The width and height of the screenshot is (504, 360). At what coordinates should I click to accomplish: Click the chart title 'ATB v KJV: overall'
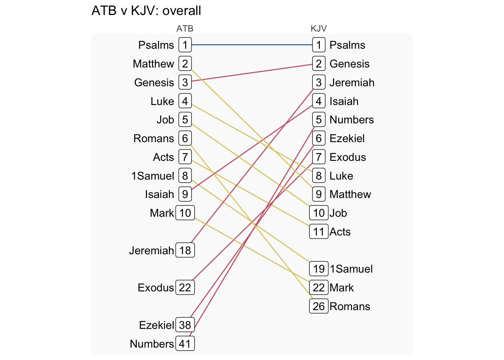point(146,10)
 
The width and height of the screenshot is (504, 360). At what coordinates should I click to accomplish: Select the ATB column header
point(185,28)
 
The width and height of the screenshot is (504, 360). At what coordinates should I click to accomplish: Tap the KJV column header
point(319,28)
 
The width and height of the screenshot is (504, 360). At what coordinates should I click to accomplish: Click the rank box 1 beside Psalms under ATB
point(185,45)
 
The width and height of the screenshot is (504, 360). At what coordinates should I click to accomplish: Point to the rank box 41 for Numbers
point(185,343)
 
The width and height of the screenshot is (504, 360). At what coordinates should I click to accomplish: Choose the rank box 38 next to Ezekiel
point(185,325)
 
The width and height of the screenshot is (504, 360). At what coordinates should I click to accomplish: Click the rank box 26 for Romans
point(319,306)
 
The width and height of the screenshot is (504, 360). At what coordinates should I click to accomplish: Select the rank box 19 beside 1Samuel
point(319,269)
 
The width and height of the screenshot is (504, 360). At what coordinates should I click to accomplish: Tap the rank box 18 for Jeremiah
point(185,250)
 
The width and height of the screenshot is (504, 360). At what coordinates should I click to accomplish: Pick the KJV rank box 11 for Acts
point(319,232)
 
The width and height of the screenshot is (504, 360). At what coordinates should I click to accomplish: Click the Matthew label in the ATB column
point(153,64)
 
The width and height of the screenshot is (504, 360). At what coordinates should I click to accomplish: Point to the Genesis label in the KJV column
point(349,64)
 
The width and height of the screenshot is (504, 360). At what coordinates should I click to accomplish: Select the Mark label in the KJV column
point(342,288)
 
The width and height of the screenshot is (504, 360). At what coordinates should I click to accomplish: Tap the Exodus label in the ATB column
point(156,288)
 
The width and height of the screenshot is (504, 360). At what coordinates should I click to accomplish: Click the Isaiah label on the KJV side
point(344,101)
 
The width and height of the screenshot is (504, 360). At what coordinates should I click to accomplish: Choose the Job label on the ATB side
point(165,120)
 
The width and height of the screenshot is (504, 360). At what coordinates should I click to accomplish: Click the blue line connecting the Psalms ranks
point(251,45)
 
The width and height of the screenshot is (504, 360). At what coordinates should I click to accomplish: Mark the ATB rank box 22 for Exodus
point(185,288)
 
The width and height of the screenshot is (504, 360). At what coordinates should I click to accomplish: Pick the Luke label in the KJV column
point(341,176)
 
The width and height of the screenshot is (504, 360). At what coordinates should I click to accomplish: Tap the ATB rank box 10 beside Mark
point(185,213)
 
